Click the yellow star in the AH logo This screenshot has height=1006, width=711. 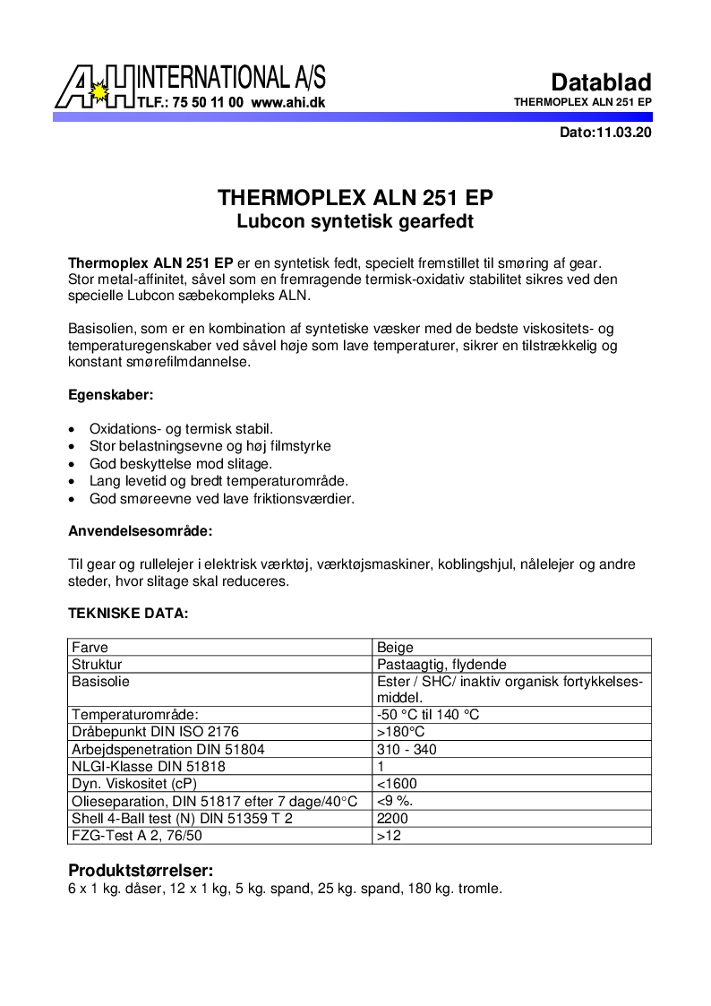click(99, 91)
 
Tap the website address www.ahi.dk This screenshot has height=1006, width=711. click(288, 102)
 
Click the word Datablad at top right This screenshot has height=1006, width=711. click(601, 82)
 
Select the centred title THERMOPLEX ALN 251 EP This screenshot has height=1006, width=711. click(355, 198)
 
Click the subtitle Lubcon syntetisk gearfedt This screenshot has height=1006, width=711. click(355, 220)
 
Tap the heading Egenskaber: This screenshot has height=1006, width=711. click(111, 394)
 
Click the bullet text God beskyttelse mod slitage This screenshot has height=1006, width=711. click(180, 464)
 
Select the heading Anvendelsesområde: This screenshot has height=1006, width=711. click(141, 530)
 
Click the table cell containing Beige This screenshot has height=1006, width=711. click(396, 647)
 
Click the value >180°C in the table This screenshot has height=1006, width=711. click(400, 732)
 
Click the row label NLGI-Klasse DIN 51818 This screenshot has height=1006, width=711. click(148, 766)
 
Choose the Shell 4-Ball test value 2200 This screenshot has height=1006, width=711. click(392, 818)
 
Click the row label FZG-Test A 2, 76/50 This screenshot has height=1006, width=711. click(136, 835)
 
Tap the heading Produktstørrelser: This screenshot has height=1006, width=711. click(141, 871)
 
